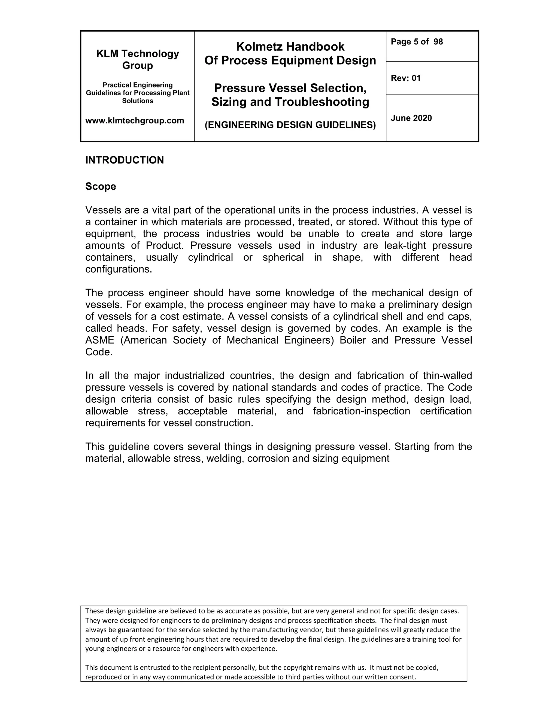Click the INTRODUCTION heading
124,160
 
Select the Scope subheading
101,186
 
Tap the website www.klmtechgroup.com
135,121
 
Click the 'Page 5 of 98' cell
417,42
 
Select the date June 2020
411,118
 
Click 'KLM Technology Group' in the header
138,59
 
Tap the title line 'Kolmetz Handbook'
290,47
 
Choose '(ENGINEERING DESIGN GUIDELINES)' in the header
290,125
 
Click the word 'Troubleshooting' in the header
322,102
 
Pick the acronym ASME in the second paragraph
100,340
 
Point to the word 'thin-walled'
447,375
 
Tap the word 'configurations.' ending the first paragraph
119,269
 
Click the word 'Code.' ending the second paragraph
99,352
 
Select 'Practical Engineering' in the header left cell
138,85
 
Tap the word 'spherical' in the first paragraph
283,257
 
